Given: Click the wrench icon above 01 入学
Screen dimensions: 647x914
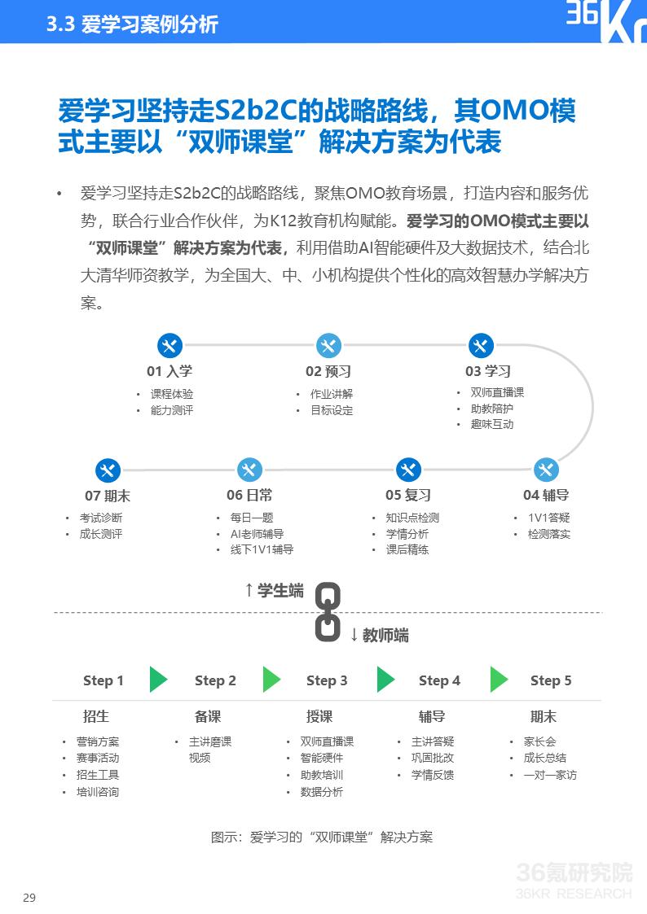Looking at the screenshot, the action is (x=169, y=346).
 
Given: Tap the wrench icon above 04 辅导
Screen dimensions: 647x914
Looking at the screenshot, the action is (x=546, y=470).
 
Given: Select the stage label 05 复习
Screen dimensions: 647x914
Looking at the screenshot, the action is (x=408, y=496).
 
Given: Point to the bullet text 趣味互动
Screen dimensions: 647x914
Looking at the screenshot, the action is (x=492, y=424).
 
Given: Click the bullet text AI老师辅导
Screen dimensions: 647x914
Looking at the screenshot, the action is (x=257, y=534).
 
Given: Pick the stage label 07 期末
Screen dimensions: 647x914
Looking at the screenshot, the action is (x=108, y=496).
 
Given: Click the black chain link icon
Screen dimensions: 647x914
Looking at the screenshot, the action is (x=328, y=612).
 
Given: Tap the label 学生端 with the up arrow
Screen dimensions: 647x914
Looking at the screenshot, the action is (x=275, y=591).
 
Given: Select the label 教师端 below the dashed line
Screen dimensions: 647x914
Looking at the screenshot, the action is (x=380, y=635).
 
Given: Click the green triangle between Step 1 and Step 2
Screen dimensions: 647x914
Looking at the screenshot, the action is (x=158, y=679).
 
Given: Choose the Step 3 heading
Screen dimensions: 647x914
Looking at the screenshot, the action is (x=327, y=681).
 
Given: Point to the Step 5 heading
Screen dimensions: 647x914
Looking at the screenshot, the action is (x=551, y=681).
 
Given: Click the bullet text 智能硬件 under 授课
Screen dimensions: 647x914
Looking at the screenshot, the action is (x=321, y=758).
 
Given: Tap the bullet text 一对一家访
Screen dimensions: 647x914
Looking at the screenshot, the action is (x=549, y=775).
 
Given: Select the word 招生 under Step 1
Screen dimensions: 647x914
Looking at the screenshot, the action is (x=95, y=716).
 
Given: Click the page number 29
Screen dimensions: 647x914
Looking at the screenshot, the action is (x=29, y=898).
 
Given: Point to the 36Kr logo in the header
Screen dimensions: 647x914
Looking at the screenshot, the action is (x=605, y=21).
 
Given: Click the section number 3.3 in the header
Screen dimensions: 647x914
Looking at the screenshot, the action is (x=60, y=24).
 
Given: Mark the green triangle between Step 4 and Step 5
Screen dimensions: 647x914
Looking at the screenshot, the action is (x=499, y=679).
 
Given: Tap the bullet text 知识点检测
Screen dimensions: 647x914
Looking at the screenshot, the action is (x=412, y=518).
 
